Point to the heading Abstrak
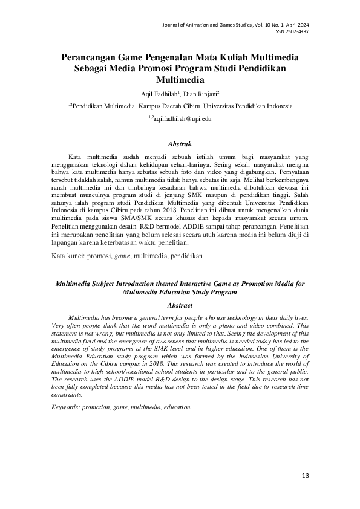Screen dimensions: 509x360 point(180,144)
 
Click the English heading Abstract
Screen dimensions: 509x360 point(179,306)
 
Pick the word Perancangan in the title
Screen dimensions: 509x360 point(88,57)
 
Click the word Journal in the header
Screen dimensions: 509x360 point(174,24)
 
